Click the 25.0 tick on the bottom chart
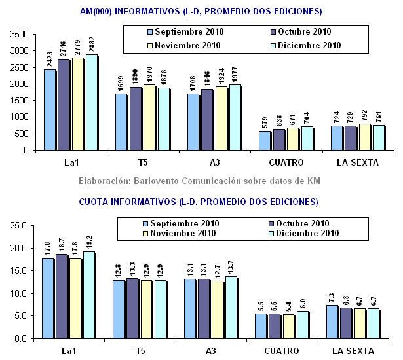pyautogui.click(x=20, y=226)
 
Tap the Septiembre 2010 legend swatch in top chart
pyautogui.click(x=150, y=32)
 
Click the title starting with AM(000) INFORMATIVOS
pyautogui.click(x=200, y=11)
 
